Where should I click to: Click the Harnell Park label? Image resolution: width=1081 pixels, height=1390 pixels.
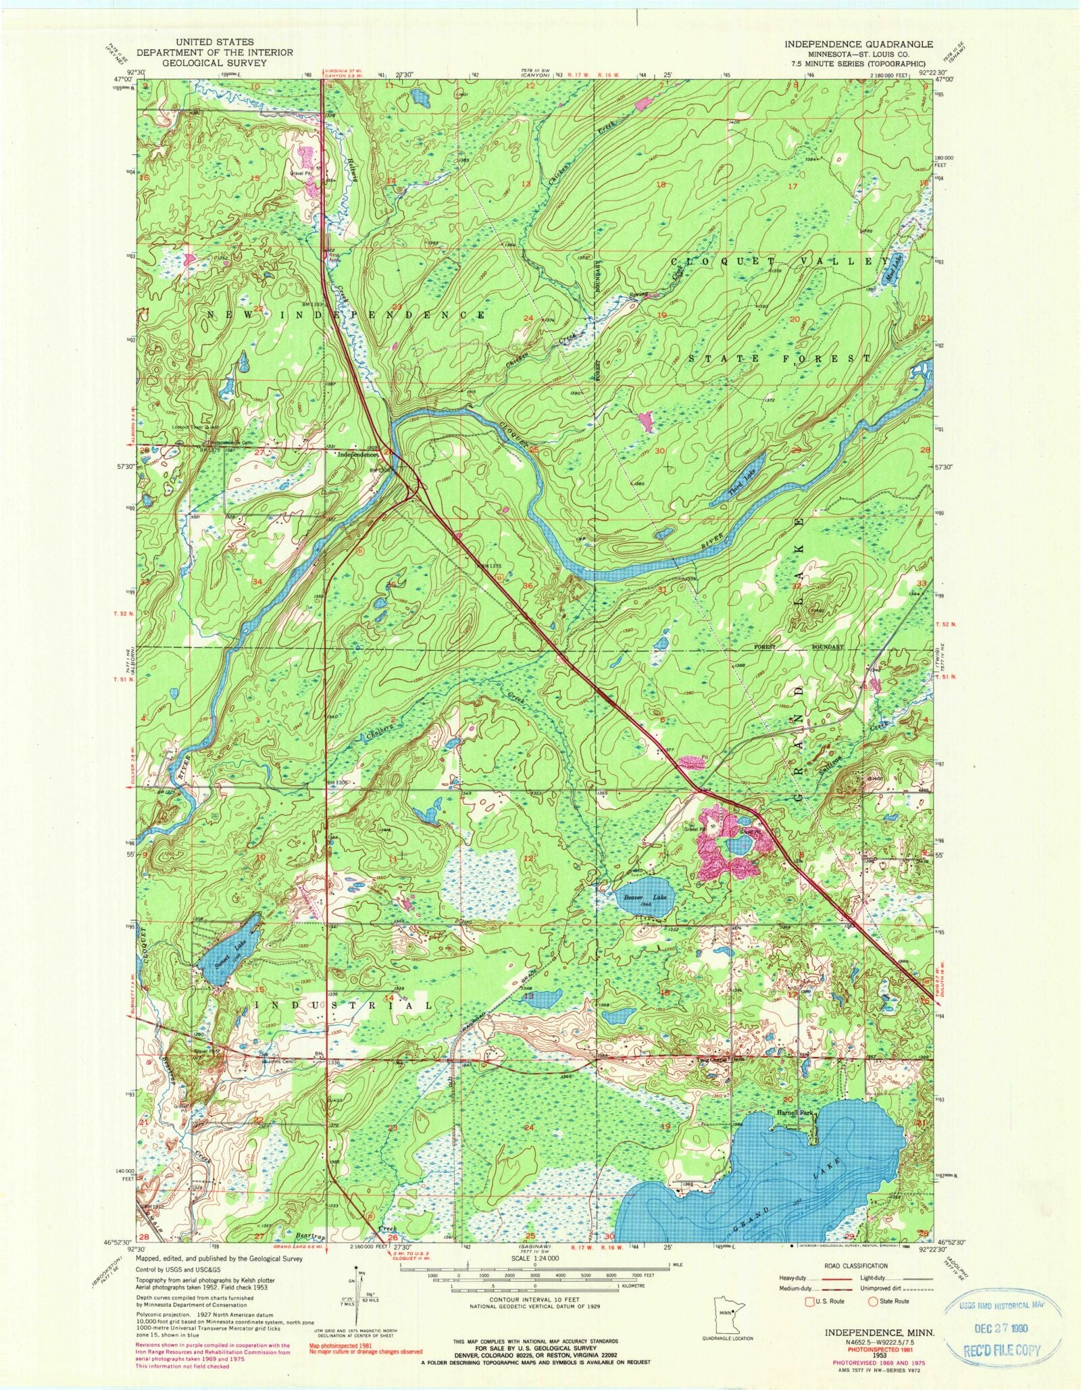point(795,1112)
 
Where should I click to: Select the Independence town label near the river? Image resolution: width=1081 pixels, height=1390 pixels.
point(359,455)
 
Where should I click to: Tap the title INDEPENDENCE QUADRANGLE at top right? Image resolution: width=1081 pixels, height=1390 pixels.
point(858,44)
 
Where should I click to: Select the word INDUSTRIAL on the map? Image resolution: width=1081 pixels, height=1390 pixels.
point(351,1006)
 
